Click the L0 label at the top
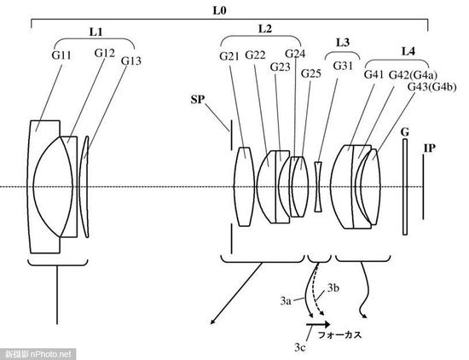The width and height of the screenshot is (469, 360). [219, 11]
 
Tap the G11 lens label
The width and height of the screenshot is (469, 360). [61, 55]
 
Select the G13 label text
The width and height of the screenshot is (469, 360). [131, 61]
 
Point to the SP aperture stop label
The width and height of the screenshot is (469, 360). [197, 99]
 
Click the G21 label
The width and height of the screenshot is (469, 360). [229, 56]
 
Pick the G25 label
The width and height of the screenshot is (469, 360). [311, 73]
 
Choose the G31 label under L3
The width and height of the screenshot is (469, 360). [343, 66]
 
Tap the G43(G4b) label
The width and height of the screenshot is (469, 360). [432, 87]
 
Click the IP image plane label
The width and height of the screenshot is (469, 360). [429, 148]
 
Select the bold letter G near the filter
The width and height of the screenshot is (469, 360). [405, 132]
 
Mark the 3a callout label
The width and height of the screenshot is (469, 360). [286, 300]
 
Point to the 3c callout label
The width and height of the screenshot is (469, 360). [299, 347]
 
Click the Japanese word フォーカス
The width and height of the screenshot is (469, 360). [339, 335]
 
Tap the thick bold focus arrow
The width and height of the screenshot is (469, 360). [318, 324]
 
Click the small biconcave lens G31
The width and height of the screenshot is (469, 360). [319, 187]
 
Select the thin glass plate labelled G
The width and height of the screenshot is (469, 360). [405, 187]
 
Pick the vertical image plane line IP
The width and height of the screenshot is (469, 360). [423, 187]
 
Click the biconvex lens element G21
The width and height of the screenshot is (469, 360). [244, 187]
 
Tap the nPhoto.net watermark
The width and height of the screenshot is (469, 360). [38, 354]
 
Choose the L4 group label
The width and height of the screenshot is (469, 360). [408, 51]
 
